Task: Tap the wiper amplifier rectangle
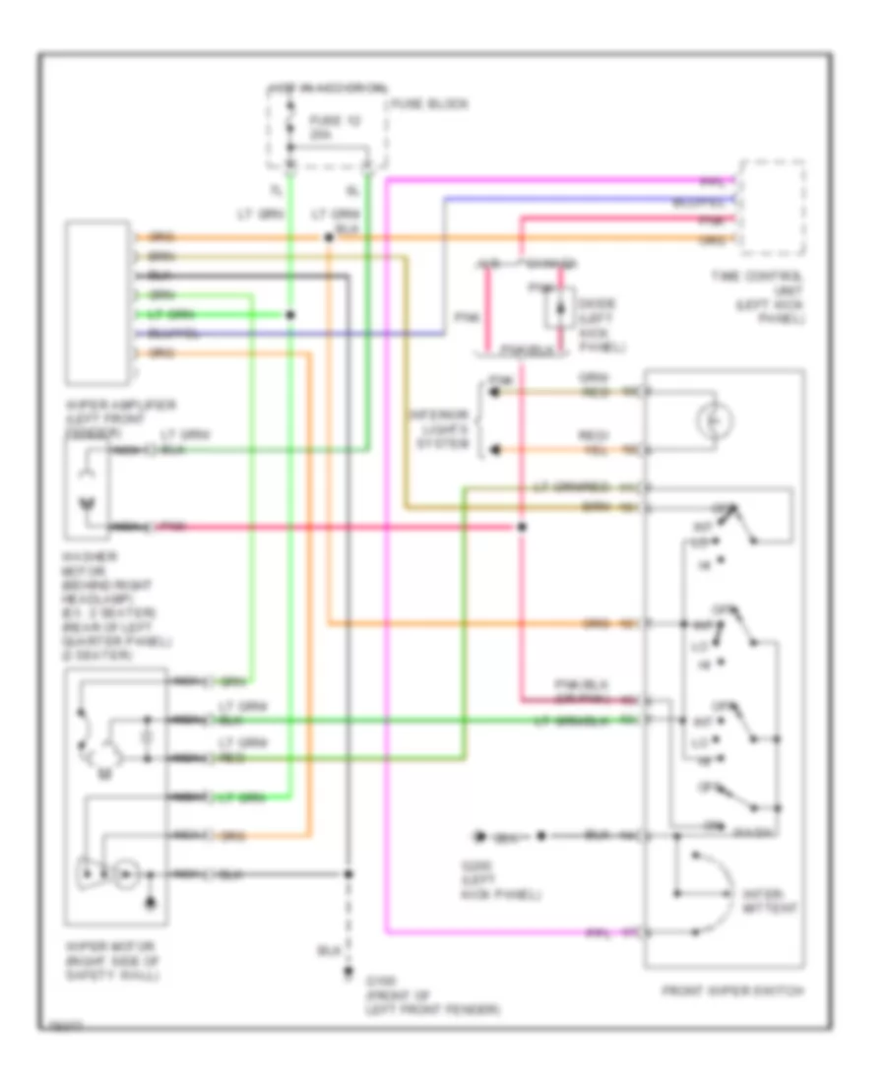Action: pos(97,301)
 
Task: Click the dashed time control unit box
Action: pos(773,205)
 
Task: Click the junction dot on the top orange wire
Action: pos(328,237)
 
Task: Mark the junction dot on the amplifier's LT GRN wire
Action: pos(289,315)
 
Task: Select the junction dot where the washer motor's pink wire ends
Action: pos(522,528)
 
